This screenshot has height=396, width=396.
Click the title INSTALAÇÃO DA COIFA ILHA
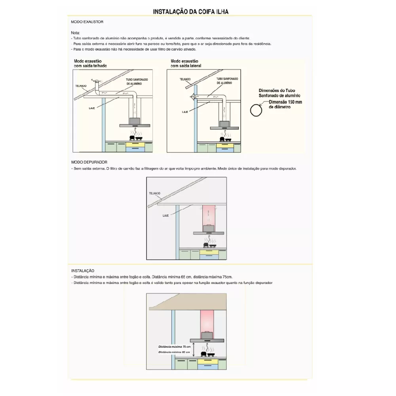click(x=190, y=12)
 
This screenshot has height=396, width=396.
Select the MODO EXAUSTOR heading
click(x=87, y=22)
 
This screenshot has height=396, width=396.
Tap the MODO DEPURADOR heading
click(x=89, y=162)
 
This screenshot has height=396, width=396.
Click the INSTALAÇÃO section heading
click(x=83, y=270)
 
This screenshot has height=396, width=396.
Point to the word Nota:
click(x=76, y=32)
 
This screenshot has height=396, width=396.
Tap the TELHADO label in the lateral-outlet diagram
click(x=185, y=79)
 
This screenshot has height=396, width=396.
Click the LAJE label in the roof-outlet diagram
click(x=92, y=107)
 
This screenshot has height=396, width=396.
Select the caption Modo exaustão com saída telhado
click(x=90, y=63)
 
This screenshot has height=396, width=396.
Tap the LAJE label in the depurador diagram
click(x=166, y=215)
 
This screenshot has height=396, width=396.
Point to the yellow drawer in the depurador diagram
click(x=209, y=252)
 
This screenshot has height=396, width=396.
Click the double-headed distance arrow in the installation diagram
click(x=194, y=349)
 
